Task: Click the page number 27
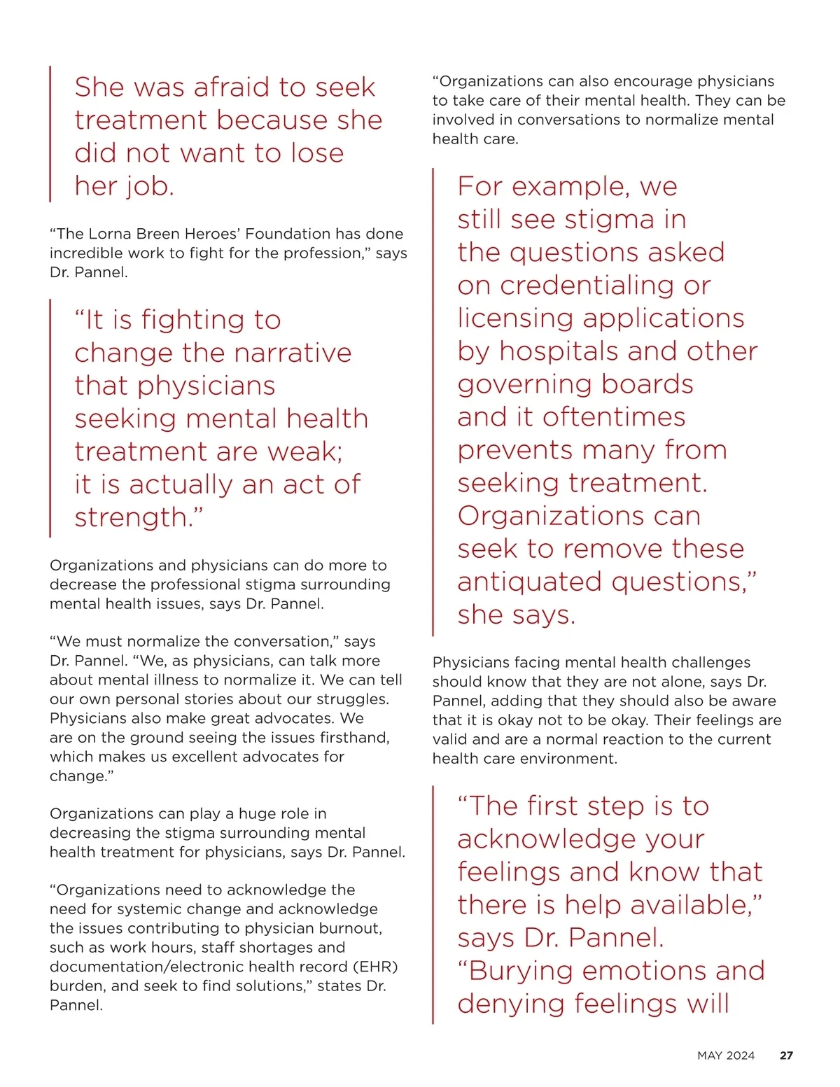786,1056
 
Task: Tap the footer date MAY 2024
726,1056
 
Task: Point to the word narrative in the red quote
293,353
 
